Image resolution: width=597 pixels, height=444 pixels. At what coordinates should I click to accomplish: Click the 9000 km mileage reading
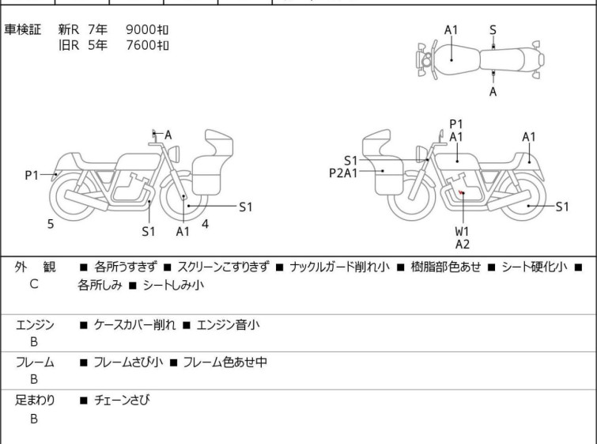click(x=147, y=30)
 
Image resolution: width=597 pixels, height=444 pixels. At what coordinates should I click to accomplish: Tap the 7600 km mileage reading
click(x=147, y=44)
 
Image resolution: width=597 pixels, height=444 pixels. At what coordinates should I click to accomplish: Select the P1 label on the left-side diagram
click(x=32, y=175)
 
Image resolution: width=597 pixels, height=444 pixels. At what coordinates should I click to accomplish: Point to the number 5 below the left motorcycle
click(x=51, y=225)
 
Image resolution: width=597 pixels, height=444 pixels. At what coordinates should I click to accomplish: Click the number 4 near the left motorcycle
click(x=206, y=224)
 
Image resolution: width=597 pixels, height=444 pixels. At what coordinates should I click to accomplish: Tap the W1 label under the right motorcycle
click(x=462, y=231)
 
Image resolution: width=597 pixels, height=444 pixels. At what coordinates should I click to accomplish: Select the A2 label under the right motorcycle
click(x=462, y=244)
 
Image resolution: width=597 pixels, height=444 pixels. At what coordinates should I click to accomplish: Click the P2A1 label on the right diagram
click(x=344, y=172)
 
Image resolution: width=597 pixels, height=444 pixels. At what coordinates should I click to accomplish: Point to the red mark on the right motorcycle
click(x=460, y=192)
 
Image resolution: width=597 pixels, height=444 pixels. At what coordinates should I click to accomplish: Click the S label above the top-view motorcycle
click(x=493, y=30)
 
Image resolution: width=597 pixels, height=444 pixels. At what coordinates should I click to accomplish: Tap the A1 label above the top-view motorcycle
click(x=452, y=30)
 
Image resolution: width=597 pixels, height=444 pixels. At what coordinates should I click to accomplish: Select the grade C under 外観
click(x=34, y=283)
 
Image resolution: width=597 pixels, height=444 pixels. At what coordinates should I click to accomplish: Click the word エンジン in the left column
click(x=36, y=324)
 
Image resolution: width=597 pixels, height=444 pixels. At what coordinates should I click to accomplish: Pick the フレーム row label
click(x=36, y=362)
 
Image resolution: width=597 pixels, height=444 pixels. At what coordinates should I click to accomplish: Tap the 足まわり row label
click(x=36, y=400)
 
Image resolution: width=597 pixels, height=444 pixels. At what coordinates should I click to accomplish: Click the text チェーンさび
click(x=122, y=400)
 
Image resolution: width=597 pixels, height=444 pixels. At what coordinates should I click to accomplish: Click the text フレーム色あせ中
click(x=225, y=362)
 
